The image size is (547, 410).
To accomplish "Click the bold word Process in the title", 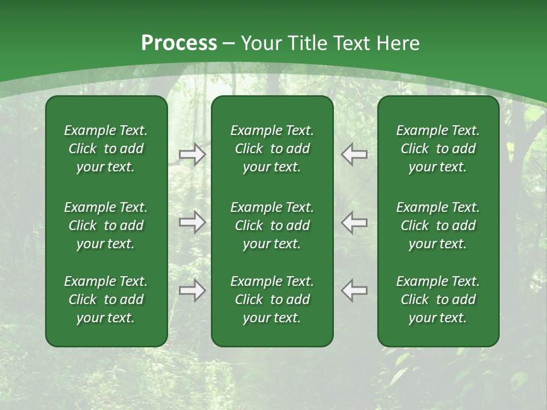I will click(179, 43).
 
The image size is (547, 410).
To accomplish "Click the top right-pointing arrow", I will click(193, 154).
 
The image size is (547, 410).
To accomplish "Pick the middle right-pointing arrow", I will click(193, 222).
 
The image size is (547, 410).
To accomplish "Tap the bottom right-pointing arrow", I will click(193, 290).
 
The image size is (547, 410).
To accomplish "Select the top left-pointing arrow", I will click(354, 154).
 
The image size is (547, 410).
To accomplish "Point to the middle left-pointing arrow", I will click(354, 222).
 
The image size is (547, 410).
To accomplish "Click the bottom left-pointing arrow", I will click(354, 290).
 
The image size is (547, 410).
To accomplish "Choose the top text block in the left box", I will click(106, 149).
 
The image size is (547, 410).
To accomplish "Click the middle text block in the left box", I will click(106, 225).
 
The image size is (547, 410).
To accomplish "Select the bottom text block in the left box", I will click(106, 300).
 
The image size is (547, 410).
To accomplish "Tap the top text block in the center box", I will click(272, 149).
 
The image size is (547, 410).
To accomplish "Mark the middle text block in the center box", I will click(272, 225).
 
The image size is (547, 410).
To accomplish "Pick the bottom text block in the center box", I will click(272, 300).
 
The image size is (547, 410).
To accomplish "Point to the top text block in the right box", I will click(438, 149).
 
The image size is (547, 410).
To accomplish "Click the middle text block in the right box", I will click(438, 225).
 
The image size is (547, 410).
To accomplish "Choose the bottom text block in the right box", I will click(438, 300).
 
